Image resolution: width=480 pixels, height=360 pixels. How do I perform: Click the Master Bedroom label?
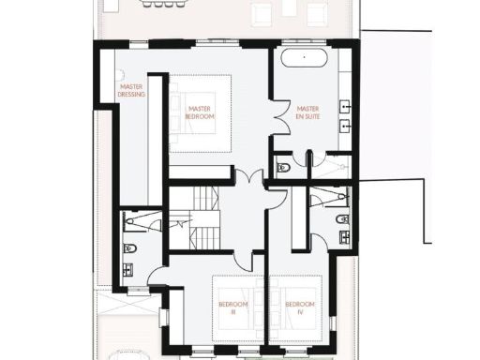pyautogui.click(x=201, y=112)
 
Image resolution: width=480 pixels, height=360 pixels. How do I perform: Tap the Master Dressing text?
pyautogui.click(x=130, y=90)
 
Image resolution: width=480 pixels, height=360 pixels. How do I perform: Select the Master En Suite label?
pyautogui.click(x=308, y=112)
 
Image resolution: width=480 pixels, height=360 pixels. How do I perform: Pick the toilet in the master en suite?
pyautogui.click(x=283, y=169)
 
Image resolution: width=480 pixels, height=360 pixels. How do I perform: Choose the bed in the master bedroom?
pyautogui.click(x=201, y=112)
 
